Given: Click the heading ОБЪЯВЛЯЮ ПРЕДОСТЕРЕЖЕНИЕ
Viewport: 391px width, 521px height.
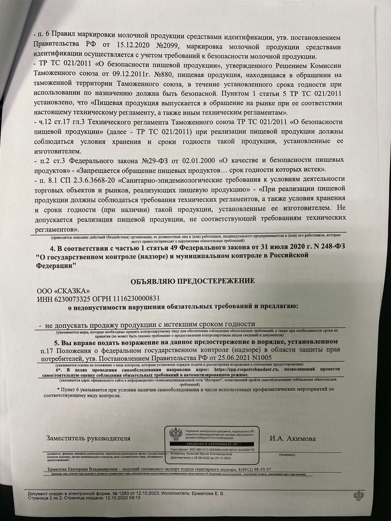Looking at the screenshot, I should [193, 281].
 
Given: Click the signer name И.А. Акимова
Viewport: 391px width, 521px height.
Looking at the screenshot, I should [292, 438].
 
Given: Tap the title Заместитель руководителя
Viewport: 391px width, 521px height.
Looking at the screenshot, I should [88, 438].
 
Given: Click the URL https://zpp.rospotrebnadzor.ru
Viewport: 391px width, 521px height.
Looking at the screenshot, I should [250, 370].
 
